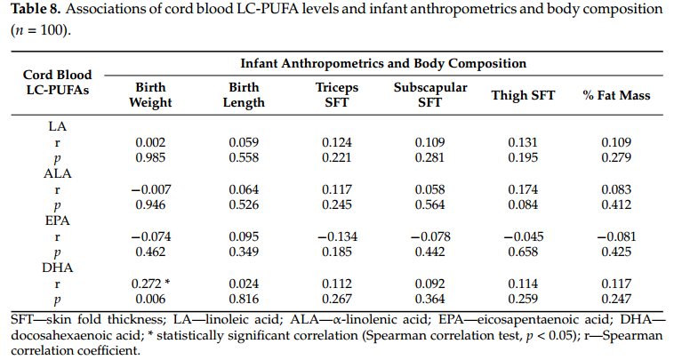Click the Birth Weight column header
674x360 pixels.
coord(150,95)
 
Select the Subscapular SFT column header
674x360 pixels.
coord(430,95)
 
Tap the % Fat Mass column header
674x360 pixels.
coord(616,95)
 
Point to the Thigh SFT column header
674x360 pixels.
coord(523,95)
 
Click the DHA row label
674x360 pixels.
coord(58,268)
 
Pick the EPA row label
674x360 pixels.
coord(58,220)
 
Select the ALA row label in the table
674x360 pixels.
coord(58,173)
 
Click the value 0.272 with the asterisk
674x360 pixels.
coord(150,284)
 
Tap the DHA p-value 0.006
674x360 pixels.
coord(150,299)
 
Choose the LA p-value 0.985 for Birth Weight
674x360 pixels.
coord(150,157)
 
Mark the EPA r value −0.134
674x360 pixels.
coord(337,236)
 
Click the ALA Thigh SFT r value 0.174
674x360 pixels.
coord(523,189)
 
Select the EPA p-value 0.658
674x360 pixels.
coord(523,252)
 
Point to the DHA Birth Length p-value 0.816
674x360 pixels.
coord(244,299)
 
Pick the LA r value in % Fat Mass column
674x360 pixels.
coord(616,142)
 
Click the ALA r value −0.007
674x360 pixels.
coord(150,189)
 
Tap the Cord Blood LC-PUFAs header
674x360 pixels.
coord(58,82)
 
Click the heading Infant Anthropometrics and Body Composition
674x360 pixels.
coord(383,64)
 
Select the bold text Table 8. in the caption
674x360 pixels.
coord(36,9)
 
